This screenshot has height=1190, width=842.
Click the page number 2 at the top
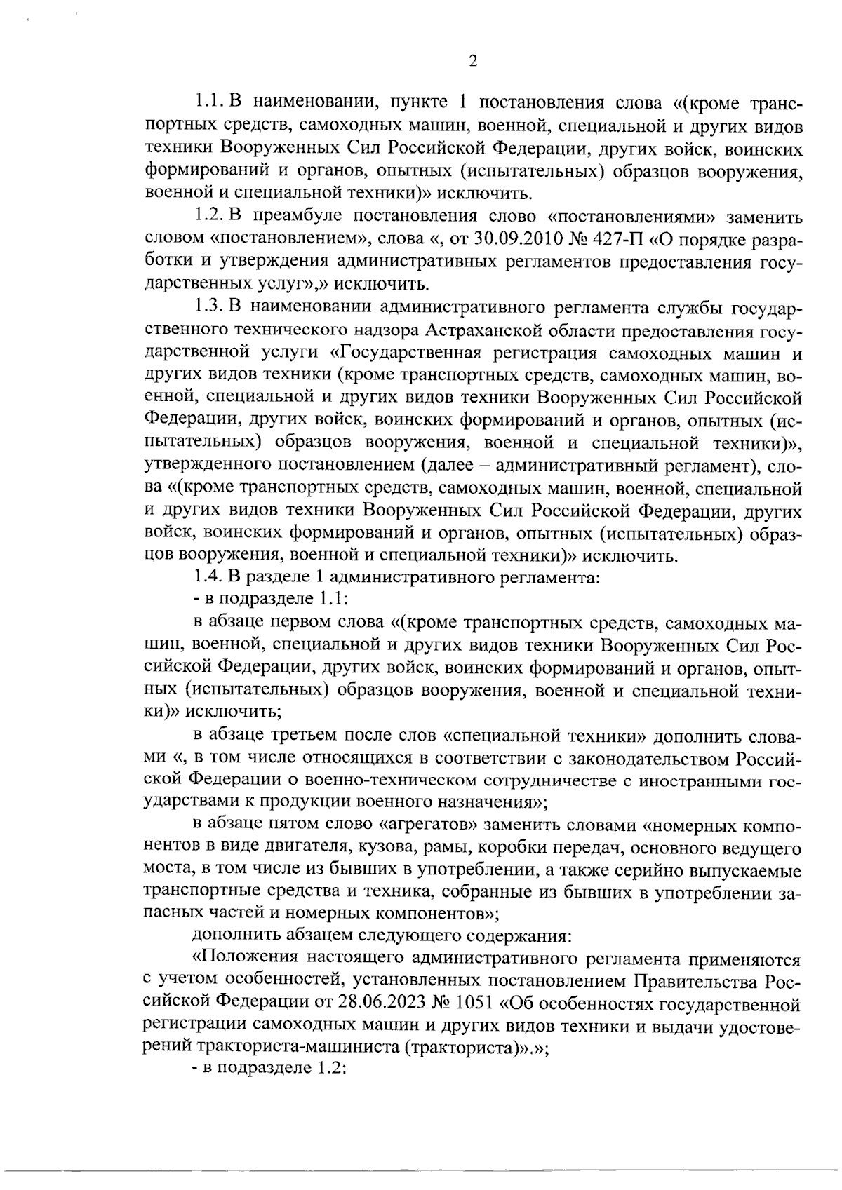coord(472,62)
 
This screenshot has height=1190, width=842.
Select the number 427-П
coord(615,241)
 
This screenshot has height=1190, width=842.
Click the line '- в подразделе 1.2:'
coord(269,1071)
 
